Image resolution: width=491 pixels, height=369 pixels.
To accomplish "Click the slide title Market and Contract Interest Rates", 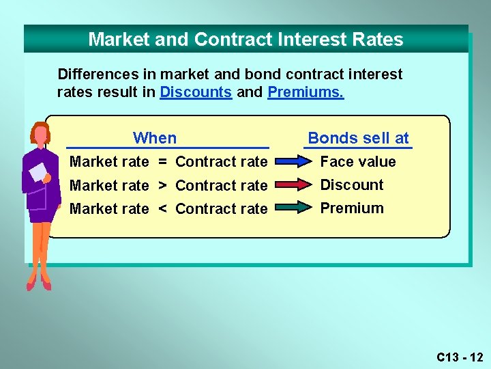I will coord(245,40).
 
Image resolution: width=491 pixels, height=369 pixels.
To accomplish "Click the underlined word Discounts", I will coord(196,92).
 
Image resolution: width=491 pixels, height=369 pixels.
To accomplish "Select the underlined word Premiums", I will coord(306,92).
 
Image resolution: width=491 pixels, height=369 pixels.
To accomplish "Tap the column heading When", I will coord(155,138).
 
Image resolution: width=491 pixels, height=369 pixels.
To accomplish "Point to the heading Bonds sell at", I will coord(358,138).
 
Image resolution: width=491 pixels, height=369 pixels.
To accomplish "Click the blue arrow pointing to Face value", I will coord(294,162).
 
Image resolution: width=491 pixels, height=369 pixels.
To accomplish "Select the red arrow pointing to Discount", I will coord(294,185).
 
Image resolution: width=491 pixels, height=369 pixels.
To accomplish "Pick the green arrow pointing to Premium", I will coord(294,208).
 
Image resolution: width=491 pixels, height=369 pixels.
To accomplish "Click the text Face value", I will coord(358,162).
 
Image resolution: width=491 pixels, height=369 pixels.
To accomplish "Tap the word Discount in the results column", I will coord(352,185).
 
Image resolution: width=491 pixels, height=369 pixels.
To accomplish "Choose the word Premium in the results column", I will coord(352,208).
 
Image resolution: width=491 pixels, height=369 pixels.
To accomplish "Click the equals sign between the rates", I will coord(162,162).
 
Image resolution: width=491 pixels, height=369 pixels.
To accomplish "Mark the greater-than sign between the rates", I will coord(162,185).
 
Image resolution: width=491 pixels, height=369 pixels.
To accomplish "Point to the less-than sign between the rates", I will coord(162,209).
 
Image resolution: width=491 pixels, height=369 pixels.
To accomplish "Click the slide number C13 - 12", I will coord(460,357).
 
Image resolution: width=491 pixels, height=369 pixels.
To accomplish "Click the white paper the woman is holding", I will coord(39,172).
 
